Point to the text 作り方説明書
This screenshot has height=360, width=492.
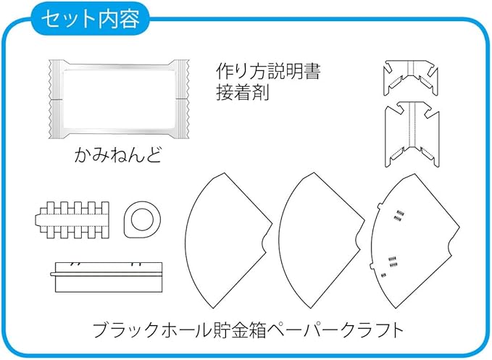[268, 71]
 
